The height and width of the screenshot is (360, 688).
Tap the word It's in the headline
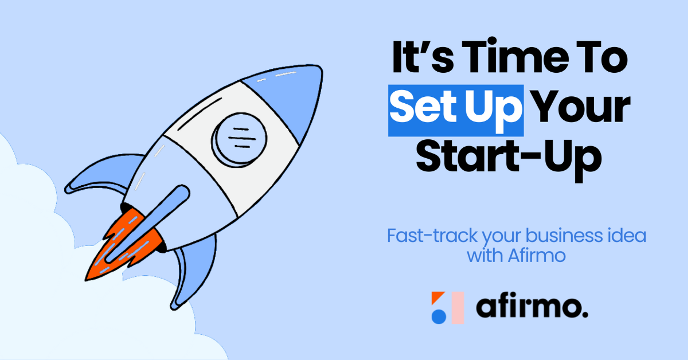click(423, 57)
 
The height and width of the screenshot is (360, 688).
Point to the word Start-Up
click(509, 160)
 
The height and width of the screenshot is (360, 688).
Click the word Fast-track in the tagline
click(432, 236)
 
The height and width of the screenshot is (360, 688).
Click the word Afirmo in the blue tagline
click(537, 256)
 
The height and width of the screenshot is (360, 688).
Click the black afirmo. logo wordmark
click(532, 307)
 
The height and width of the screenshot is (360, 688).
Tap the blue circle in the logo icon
click(439, 316)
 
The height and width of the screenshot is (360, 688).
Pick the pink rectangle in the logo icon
click(458, 307)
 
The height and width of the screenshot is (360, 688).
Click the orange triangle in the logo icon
click(436, 296)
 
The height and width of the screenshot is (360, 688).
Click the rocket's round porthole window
click(239, 140)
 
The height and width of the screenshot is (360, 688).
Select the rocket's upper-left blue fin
click(101, 174)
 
